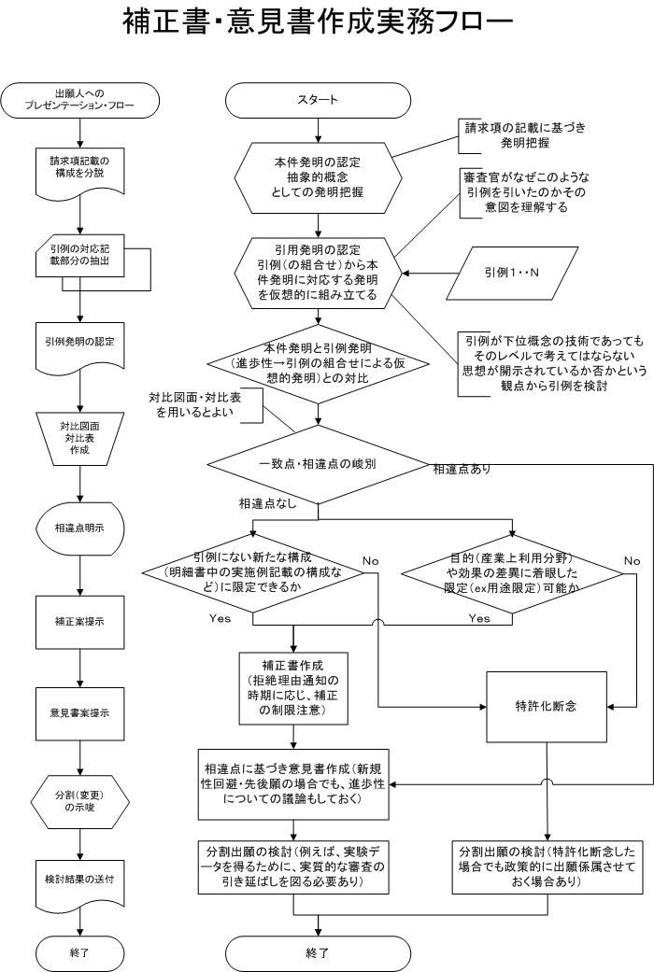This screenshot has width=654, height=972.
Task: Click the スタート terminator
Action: (318, 100)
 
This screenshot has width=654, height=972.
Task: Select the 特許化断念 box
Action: (546, 707)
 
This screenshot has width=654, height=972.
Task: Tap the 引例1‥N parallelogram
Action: (512, 272)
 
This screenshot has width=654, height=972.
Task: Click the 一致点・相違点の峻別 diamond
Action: (318, 464)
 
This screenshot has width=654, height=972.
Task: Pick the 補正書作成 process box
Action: (292, 688)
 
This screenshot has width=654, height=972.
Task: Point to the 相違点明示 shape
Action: (79, 528)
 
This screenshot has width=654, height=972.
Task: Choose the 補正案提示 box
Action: (79, 622)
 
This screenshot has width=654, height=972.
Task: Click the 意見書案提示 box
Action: (79, 712)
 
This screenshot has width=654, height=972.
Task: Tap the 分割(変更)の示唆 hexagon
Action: (79, 802)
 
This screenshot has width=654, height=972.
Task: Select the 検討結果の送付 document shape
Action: (79, 881)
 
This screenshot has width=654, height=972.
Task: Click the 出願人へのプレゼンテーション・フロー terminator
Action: (79, 100)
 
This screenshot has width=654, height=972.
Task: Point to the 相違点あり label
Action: (462, 470)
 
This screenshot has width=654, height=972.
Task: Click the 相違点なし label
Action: (268, 504)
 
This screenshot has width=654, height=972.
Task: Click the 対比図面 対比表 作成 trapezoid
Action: (79, 438)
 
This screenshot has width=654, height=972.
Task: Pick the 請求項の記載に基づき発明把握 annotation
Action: (526, 135)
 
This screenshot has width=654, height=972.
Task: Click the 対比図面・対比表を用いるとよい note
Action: (195, 405)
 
